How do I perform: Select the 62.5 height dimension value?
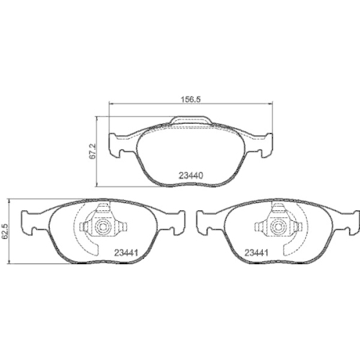pos(5,232)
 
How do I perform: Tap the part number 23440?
pos(191,174)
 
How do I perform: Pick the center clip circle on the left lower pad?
pos(102,228)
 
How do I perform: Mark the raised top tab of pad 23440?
pos(190,122)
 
